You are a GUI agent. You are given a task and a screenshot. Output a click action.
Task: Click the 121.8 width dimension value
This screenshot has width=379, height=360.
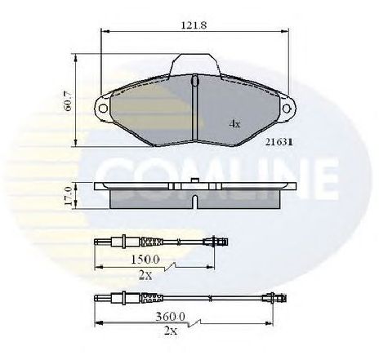coord(194,25)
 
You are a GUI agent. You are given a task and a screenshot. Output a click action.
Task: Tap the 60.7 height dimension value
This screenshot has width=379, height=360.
coord(68,100)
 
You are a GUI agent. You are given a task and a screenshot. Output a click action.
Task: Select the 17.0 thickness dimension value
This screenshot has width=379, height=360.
coord(68,196)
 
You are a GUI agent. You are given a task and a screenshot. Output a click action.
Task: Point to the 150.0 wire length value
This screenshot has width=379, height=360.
coord(145,260)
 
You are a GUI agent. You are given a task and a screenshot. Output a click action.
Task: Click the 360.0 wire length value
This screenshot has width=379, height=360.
coord(171,317)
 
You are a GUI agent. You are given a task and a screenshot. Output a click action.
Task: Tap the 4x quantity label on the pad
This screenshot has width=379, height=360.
coord(234,124)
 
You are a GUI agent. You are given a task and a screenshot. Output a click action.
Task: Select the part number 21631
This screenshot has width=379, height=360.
coord(279,142)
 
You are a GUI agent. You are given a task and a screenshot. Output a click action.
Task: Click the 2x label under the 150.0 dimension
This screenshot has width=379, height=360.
coord(145,276)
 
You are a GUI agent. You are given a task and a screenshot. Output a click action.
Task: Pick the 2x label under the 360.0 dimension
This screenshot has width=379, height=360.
coord(171,331)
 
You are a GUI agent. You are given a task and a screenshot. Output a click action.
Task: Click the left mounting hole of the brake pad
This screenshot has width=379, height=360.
coord(103,109)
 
